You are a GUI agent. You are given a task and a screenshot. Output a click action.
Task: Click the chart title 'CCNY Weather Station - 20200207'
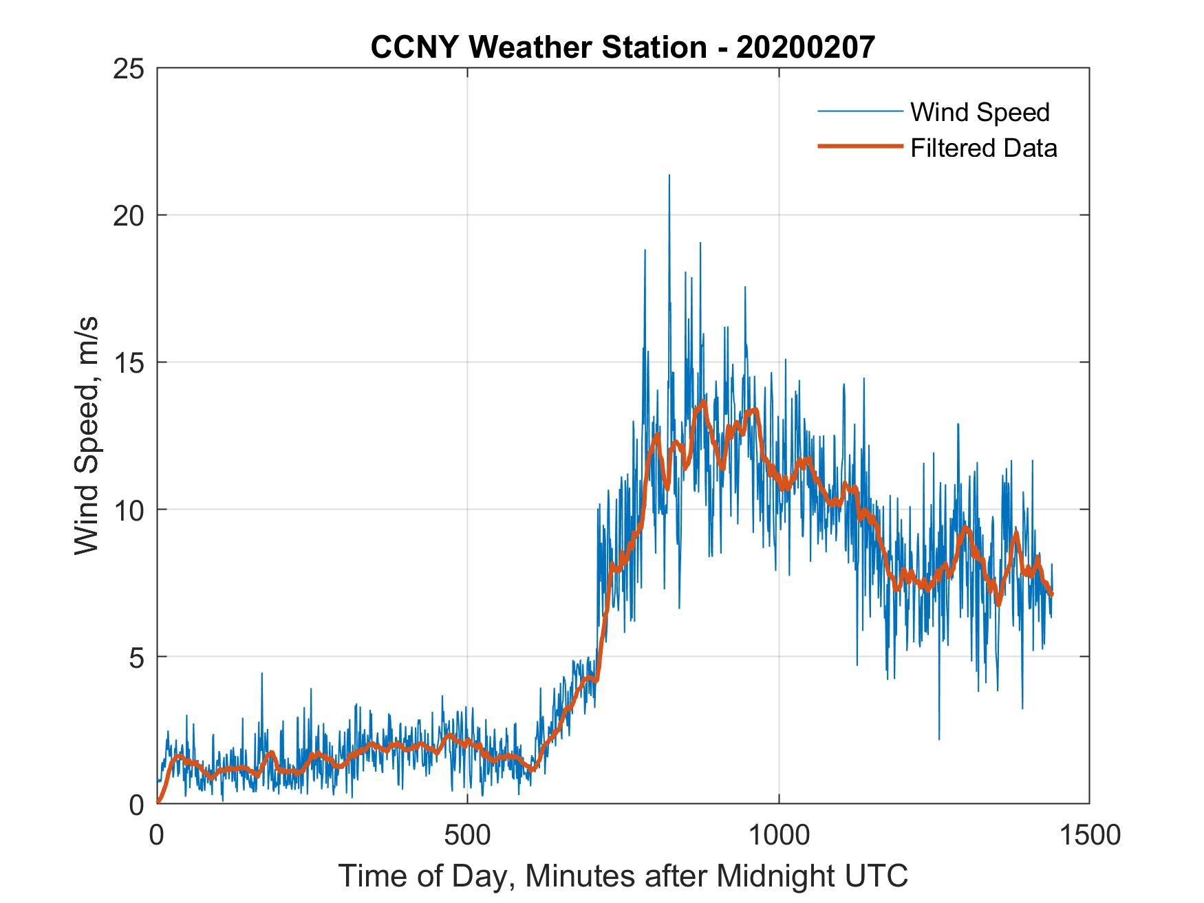click(x=623, y=47)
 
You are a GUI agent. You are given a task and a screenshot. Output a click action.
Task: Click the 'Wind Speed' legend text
click(x=980, y=112)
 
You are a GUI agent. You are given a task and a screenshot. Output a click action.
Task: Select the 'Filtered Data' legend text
click(x=983, y=148)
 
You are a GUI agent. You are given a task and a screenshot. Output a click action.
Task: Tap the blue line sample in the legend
click(x=859, y=111)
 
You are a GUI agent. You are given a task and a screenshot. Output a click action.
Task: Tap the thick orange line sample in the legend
click(x=859, y=146)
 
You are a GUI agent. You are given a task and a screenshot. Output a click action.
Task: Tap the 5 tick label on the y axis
click(x=137, y=657)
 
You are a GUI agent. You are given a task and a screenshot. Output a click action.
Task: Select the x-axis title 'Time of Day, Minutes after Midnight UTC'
click(x=623, y=875)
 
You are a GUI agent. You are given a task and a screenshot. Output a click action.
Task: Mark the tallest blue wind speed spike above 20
click(x=669, y=176)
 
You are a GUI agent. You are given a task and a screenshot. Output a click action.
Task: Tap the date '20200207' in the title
click(x=806, y=47)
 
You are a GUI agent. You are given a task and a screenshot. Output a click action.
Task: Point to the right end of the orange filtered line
click(x=1052, y=594)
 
